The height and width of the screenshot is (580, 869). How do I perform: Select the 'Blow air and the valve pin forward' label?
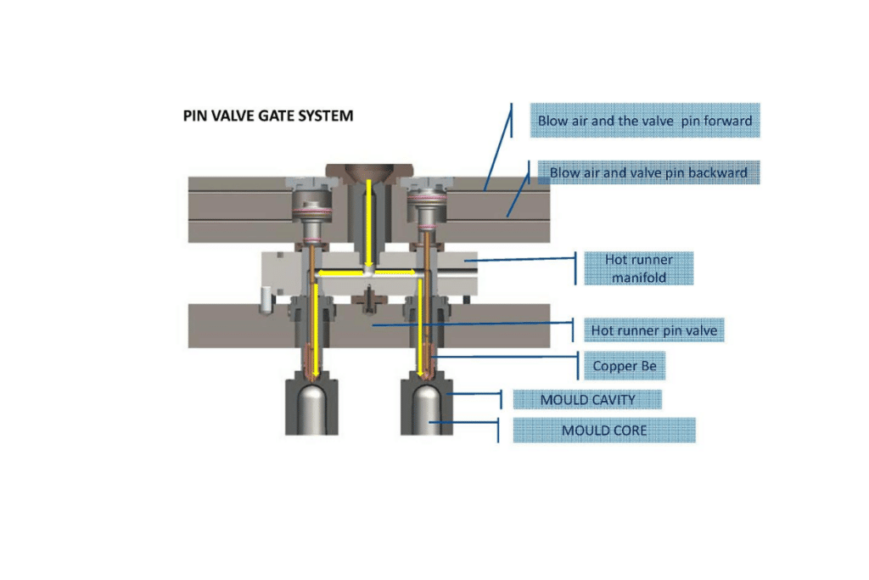pyautogui.click(x=644, y=121)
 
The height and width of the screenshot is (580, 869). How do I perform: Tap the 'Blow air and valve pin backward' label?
pyautogui.click(x=648, y=172)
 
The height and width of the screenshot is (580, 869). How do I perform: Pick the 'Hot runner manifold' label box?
pyautogui.click(x=638, y=268)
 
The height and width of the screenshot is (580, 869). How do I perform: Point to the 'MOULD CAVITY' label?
pyautogui.click(x=587, y=399)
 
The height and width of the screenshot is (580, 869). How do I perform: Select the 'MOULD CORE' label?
pyautogui.click(x=603, y=431)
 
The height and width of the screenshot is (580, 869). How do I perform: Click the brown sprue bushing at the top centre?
pyautogui.click(x=368, y=170)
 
